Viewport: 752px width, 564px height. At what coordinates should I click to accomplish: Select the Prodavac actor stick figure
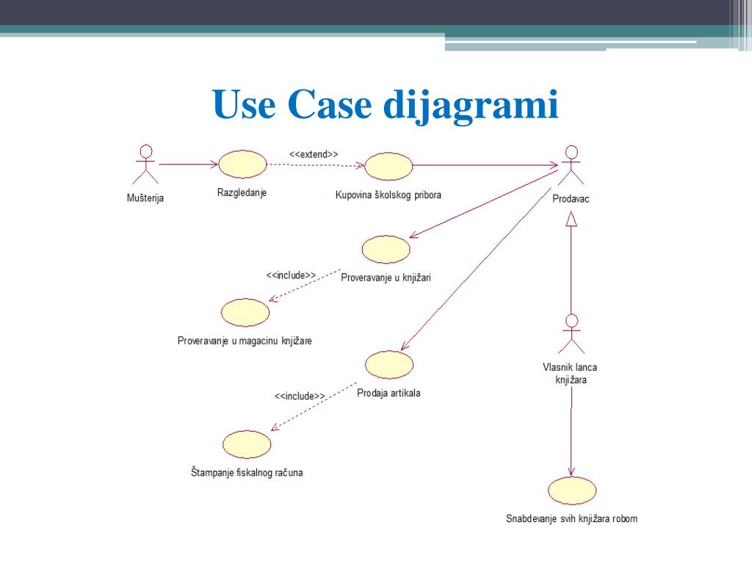pyautogui.click(x=570, y=166)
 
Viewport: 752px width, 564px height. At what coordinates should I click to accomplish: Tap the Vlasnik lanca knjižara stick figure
pyautogui.click(x=571, y=335)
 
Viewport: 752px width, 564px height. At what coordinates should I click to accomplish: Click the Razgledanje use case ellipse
pyautogui.click(x=242, y=165)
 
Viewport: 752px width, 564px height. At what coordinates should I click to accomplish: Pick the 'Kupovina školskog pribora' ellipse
pyautogui.click(x=388, y=166)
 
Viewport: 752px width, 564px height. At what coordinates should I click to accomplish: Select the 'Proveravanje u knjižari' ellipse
pyautogui.click(x=386, y=250)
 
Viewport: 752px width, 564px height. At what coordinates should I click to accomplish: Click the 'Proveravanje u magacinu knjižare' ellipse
pyautogui.click(x=245, y=312)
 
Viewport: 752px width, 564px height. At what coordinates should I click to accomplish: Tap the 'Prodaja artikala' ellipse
pyautogui.click(x=388, y=365)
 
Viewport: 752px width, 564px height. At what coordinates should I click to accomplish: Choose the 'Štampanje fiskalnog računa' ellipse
pyautogui.click(x=247, y=444)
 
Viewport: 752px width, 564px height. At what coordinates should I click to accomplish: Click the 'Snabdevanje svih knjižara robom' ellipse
pyautogui.click(x=572, y=491)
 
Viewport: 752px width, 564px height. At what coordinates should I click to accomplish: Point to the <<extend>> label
pyautogui.click(x=314, y=154)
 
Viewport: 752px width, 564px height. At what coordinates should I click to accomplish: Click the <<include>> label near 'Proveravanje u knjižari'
pyautogui.click(x=291, y=275)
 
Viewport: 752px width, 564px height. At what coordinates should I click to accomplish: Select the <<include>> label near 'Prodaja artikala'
pyautogui.click(x=300, y=396)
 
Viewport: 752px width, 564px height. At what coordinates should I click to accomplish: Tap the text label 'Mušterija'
pyautogui.click(x=146, y=197)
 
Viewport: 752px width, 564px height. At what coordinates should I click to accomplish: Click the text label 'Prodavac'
pyautogui.click(x=571, y=198)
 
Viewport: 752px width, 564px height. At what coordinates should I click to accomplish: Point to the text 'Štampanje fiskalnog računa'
pyautogui.click(x=246, y=473)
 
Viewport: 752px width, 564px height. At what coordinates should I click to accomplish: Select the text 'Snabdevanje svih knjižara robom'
pyautogui.click(x=571, y=518)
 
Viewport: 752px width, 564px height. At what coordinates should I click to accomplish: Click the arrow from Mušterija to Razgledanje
pyautogui.click(x=187, y=164)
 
